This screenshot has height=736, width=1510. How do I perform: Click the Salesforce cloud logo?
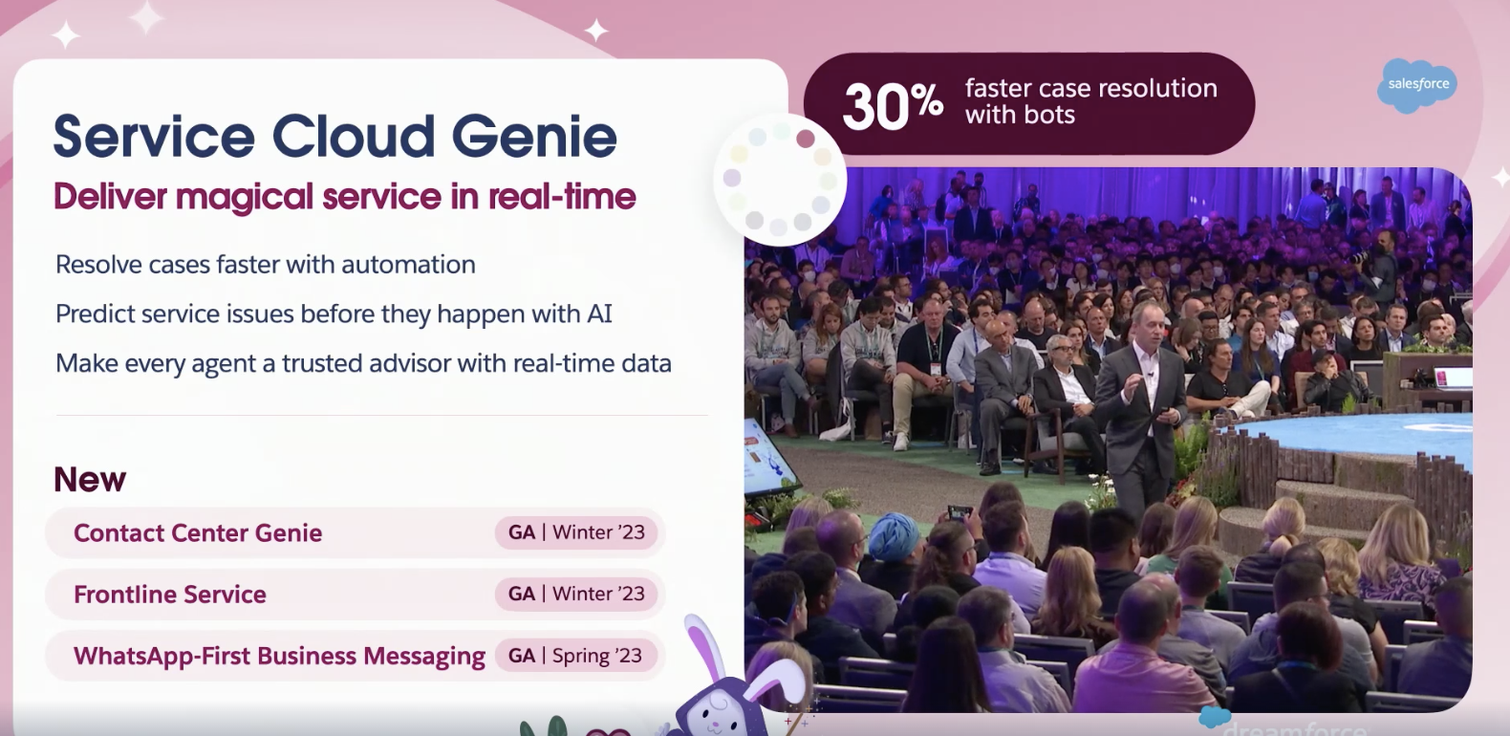pyautogui.click(x=1417, y=85)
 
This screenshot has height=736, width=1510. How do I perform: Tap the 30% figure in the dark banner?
pyautogui.click(x=893, y=106)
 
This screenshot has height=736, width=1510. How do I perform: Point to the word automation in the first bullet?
pyautogui.click(x=408, y=265)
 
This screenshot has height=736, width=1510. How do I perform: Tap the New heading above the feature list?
pyautogui.click(x=90, y=480)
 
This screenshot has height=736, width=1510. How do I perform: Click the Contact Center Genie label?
pyautogui.click(x=198, y=533)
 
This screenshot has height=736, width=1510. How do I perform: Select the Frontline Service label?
pyautogui.click(x=170, y=595)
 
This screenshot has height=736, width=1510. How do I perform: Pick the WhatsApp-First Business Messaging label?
pyautogui.click(x=279, y=656)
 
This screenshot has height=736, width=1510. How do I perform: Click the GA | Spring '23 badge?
pyautogui.click(x=575, y=656)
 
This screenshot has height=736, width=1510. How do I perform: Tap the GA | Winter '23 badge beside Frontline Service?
pyautogui.click(x=575, y=594)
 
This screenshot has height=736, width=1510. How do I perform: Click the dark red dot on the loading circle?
pyautogui.click(x=805, y=139)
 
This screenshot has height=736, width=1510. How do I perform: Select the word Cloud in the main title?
pyautogui.click(x=354, y=136)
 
